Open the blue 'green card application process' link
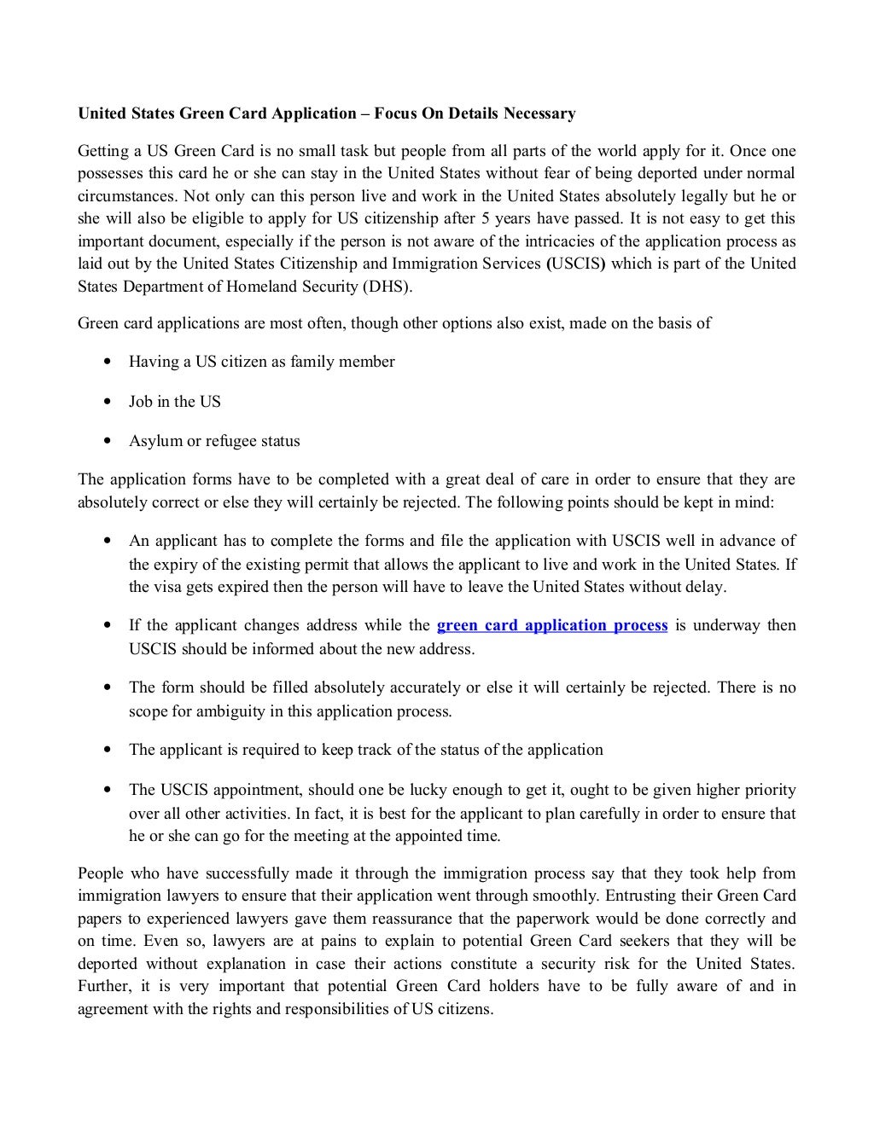pos(551,625)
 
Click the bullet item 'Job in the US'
pos(174,402)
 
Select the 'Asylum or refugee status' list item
pos(214,441)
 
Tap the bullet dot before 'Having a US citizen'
pos(107,362)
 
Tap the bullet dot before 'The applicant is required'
pos(107,751)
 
